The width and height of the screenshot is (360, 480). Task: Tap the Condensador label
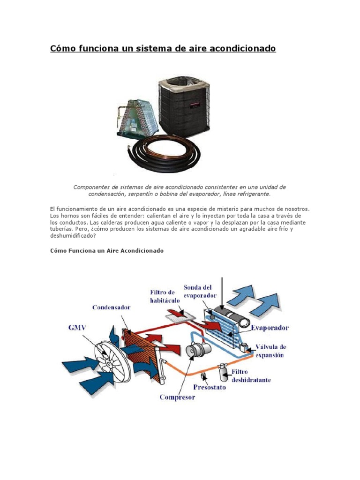tap(111, 307)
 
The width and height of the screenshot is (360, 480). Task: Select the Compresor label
tap(177, 397)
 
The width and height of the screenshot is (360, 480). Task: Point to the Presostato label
tap(209, 387)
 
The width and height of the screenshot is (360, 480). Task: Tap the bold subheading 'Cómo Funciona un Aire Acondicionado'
tap(107, 251)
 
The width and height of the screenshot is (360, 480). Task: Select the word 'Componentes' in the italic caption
tap(91, 187)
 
